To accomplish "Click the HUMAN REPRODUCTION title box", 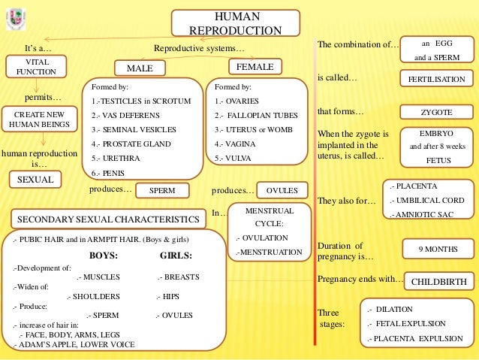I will coord(236,23).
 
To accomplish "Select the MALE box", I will coord(140,68).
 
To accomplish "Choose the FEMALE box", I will coord(255,67).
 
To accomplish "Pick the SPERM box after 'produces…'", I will coord(162,191).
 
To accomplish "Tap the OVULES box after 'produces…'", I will coord(277,190).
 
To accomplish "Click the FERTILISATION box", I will coord(435,79).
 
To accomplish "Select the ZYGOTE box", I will coord(435,112).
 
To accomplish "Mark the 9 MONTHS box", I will coord(437,248).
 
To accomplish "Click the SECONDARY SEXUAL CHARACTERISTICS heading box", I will coord(107,219).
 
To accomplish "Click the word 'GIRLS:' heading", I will coord(176,255).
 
